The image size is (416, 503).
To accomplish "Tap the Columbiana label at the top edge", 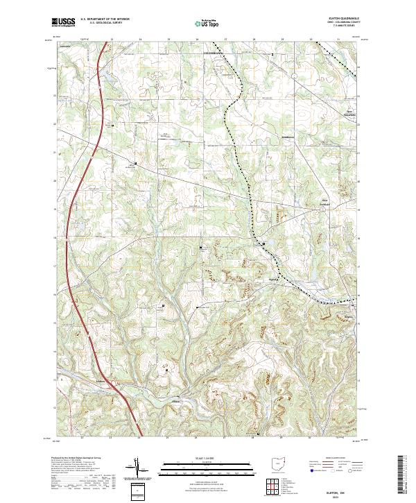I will (x=213, y=52).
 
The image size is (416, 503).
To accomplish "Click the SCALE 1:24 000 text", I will (x=208, y=459).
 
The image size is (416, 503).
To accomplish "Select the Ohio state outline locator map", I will (x=278, y=466).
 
